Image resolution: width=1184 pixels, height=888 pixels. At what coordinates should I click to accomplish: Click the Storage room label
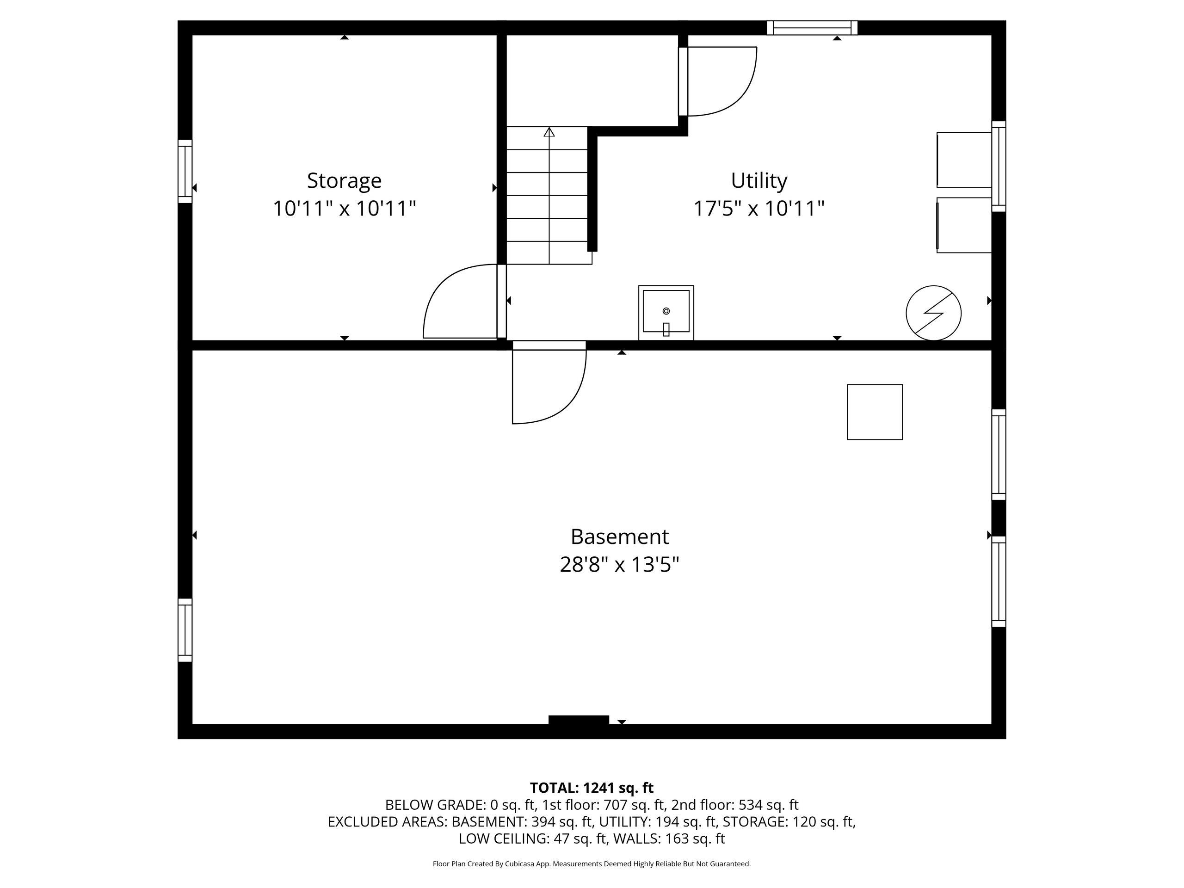[x=344, y=180]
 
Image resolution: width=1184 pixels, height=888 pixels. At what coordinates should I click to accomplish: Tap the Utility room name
[x=759, y=180]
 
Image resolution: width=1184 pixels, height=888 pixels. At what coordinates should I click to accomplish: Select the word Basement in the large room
[x=619, y=536]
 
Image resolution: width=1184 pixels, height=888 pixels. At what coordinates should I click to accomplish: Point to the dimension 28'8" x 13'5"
[x=619, y=564]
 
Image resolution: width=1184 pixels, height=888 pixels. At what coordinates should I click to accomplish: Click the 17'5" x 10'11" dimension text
[x=759, y=208]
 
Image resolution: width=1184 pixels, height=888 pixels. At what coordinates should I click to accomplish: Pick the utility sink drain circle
[x=666, y=311]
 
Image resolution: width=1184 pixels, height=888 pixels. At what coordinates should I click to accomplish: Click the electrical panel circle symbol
[x=933, y=313]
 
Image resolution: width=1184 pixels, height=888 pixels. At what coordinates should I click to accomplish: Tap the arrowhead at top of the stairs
[x=549, y=132]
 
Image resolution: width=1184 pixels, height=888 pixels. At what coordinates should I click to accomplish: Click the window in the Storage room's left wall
[x=185, y=171]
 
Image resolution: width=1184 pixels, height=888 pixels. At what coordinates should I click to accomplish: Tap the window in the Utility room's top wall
[x=812, y=27]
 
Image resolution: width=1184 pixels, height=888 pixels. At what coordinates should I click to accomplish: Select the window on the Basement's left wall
[x=185, y=630]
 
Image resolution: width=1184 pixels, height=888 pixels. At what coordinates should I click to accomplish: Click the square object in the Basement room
[x=875, y=412]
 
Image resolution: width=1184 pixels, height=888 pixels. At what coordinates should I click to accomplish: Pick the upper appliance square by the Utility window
[x=964, y=160]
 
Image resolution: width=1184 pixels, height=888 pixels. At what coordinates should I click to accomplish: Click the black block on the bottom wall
[x=579, y=720]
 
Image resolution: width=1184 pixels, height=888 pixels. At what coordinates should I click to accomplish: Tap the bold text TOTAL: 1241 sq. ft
[x=592, y=788]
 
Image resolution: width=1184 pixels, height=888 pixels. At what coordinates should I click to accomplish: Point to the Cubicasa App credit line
[x=592, y=864]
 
